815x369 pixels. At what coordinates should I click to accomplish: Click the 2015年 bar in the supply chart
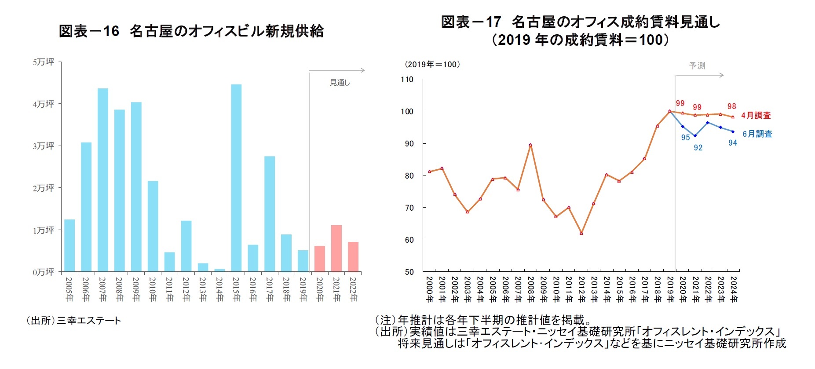coord(236,178)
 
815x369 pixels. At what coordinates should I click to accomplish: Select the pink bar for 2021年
coord(336,248)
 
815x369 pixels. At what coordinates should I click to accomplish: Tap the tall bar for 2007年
coord(103,180)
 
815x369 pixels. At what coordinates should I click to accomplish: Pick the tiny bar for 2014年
coord(219,270)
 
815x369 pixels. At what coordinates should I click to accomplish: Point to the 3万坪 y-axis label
coord(44,146)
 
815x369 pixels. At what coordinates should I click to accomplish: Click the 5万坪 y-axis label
coord(44,62)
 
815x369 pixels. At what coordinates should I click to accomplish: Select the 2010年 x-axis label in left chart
coord(153,289)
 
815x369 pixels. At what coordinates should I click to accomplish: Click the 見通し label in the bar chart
coord(340,83)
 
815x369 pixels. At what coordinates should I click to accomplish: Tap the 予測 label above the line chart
coord(697,66)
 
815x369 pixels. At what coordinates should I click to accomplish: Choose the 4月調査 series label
coord(756,116)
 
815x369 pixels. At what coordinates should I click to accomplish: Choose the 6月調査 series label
coord(757,134)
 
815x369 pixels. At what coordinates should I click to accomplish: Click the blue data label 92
coord(698,148)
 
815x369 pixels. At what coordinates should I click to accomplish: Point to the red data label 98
coord(731,106)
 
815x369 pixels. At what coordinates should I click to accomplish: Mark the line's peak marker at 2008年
coord(530,145)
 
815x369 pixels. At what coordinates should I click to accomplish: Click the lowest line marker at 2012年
coord(581,233)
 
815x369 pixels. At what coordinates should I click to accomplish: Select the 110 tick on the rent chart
coord(407,80)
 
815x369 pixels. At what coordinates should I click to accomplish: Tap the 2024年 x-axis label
coord(733,289)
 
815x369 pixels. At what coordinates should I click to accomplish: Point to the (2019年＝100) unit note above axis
coord(432,65)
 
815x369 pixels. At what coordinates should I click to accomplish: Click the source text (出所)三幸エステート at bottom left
coord(73,321)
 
